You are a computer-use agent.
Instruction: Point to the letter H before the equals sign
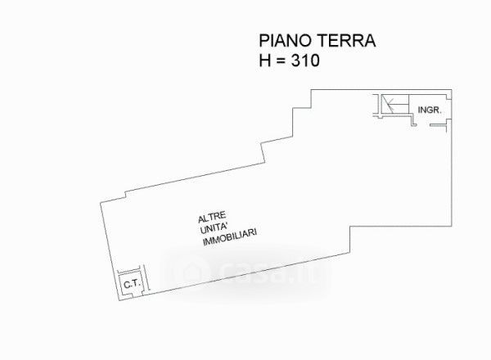click(x=264, y=60)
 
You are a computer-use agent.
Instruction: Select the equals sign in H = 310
click(x=286, y=60)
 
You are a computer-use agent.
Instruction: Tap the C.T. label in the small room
click(x=130, y=284)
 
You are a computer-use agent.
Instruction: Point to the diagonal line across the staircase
click(x=394, y=104)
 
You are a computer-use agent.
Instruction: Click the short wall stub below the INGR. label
click(x=417, y=124)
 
